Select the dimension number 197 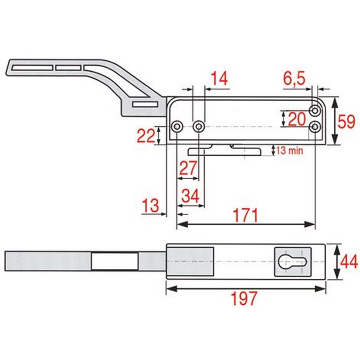tap(244, 298)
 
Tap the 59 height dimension tap(346, 122)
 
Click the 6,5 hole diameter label tap(294, 78)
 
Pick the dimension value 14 tap(219, 78)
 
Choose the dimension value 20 tap(297, 119)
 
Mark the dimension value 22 tap(146, 136)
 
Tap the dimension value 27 tap(188, 168)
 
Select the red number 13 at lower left tap(150, 206)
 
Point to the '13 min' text tap(290, 151)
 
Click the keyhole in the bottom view tap(292, 262)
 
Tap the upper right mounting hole tap(315, 111)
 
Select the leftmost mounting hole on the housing tap(177, 126)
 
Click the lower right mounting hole tap(315, 127)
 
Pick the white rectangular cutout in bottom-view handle tap(115, 262)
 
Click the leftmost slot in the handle tap(32, 68)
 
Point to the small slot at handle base tap(145, 105)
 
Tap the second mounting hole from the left tap(198, 126)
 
